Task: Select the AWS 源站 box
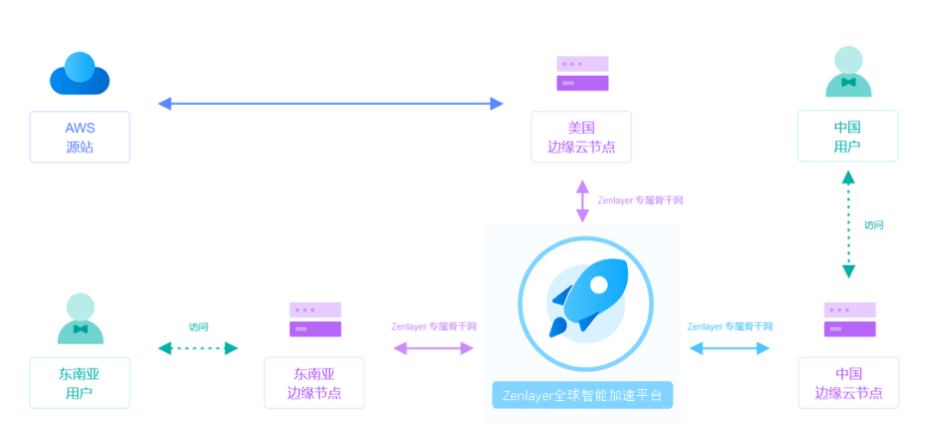pos(80,137)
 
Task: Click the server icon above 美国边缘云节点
pos(582,74)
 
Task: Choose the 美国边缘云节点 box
pos(581,137)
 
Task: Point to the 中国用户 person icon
pos(848,72)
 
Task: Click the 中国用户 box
pos(847,137)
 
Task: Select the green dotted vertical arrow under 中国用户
pos(848,223)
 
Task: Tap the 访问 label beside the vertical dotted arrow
pos(873,224)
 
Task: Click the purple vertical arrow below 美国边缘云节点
pos(582,201)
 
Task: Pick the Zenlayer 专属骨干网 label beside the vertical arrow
pos(640,201)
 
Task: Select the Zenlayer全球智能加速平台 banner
pos(583,394)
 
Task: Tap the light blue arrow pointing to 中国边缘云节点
pos(730,348)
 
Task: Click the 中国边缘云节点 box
pos(848,383)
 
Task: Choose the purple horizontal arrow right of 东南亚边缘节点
pos(434,348)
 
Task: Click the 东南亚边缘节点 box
pos(314,383)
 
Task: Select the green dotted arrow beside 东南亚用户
pos(198,348)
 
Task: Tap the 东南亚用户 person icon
pos(80,318)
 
